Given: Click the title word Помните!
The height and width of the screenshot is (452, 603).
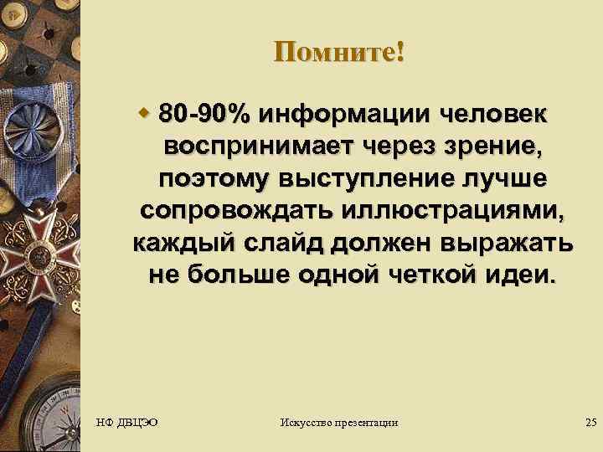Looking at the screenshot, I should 338,52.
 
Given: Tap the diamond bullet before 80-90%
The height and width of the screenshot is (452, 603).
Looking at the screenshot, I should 144,111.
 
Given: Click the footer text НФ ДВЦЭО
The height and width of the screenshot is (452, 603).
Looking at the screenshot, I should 128,423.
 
